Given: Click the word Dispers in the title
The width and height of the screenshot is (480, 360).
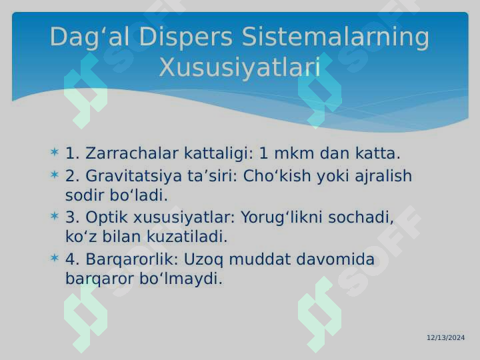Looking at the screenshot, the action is point(186,37).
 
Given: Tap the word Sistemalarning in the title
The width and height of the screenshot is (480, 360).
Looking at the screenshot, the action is point(335,37).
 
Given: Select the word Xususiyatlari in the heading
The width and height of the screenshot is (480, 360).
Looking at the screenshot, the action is point(240,67).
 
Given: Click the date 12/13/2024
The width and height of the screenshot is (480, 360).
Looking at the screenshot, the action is point(446,337).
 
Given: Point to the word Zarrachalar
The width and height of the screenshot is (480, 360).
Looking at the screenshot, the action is point(131,153).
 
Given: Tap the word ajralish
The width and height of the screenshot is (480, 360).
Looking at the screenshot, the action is point(383,176).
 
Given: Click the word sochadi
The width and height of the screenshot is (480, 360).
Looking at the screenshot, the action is point(361,217).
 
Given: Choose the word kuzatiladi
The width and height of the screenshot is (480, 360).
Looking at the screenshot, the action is point(187,237).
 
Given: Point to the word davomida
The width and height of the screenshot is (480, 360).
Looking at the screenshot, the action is point(335,259).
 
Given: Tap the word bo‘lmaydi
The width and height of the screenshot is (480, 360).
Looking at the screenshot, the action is point(181,279).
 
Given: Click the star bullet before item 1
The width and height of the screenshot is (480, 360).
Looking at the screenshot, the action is point(55,152).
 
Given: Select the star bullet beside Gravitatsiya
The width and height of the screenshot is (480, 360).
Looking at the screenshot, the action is point(55,175).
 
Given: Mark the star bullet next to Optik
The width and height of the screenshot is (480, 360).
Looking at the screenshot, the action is point(55,216).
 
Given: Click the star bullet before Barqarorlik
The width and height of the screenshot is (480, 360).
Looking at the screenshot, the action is point(55,258).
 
